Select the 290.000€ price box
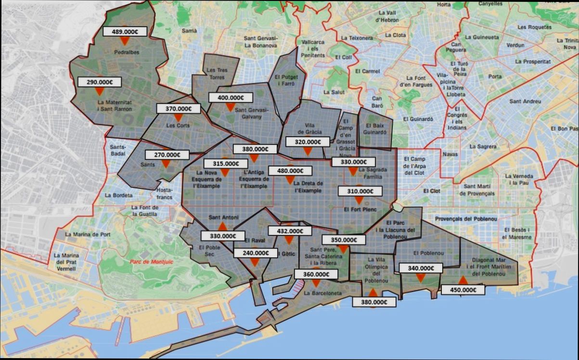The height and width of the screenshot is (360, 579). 100,82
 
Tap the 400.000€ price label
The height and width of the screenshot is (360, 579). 231,98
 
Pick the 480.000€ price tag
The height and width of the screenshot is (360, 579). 290,171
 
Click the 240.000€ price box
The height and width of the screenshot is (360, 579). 255,253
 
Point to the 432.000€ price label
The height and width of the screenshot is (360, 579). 289,231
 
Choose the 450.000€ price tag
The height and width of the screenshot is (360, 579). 463,290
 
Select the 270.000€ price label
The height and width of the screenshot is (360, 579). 167,155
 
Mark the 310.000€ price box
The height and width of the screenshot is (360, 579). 359,191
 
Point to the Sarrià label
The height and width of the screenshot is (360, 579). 189,30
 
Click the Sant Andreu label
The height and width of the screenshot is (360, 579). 525,102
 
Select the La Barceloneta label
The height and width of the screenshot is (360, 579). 323,293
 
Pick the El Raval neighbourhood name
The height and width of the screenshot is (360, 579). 255,240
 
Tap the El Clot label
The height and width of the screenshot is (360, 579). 432,191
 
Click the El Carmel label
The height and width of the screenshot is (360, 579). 367,71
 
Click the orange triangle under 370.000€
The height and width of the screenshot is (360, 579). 178,117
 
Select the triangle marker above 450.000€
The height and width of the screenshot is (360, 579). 463,280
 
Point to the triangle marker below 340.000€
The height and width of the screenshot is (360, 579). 420,278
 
